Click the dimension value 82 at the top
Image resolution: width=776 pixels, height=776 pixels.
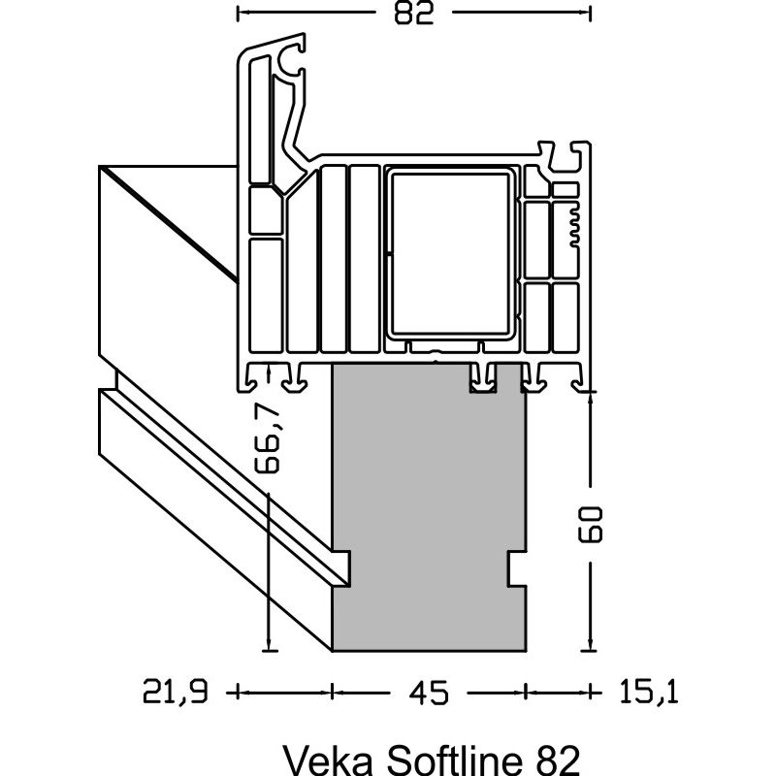413,14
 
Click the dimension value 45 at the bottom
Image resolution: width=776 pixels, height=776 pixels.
428,693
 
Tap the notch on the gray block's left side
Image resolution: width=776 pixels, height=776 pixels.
341,568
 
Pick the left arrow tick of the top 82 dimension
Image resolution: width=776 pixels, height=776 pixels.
239,14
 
